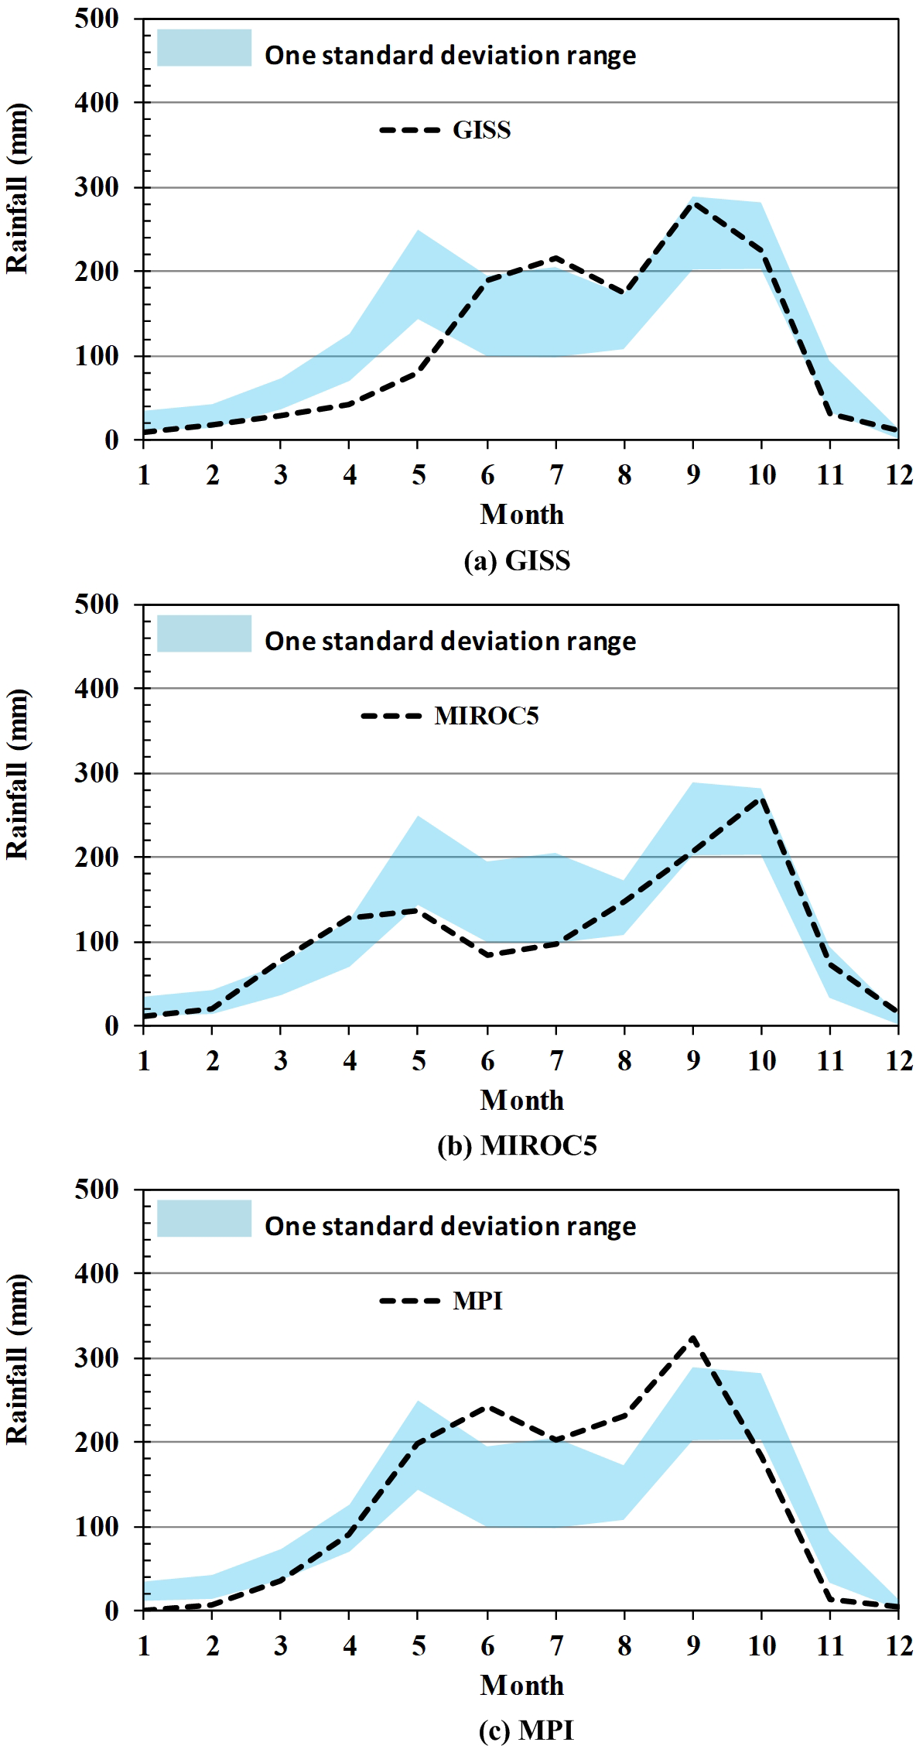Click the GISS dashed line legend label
(x=481, y=130)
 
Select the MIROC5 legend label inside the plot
(x=486, y=716)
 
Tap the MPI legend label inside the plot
(x=477, y=1301)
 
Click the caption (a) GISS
(x=517, y=560)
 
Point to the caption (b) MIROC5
(x=517, y=1145)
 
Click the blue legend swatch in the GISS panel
(x=204, y=48)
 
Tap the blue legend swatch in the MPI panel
(x=204, y=1218)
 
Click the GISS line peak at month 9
(x=693, y=203)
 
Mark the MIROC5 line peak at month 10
(x=762, y=797)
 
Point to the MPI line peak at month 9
(x=693, y=1337)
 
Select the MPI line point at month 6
(x=487, y=1407)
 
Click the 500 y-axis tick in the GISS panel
(x=97, y=19)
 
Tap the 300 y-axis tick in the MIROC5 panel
(x=97, y=773)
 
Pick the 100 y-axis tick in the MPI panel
(x=97, y=1527)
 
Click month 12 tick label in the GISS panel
(x=899, y=474)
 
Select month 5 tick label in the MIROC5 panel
(x=419, y=1060)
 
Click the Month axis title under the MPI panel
(x=522, y=1685)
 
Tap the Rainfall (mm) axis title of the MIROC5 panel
(x=17, y=774)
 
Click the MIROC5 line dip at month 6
(x=487, y=955)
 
